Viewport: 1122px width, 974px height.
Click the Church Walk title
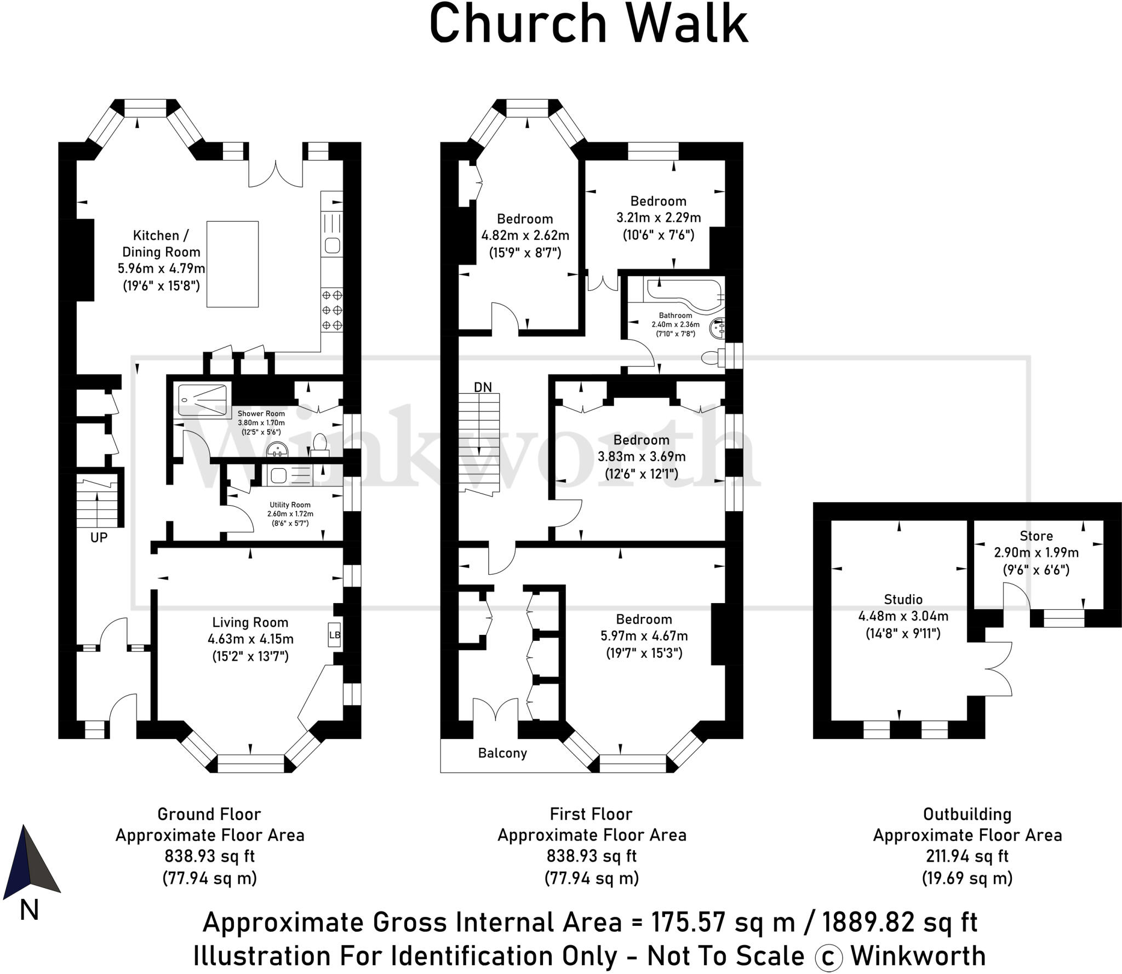point(588,24)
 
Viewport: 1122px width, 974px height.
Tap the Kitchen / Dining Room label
point(161,243)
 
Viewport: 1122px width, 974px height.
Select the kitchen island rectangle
point(232,264)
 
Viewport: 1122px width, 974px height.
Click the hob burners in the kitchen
point(332,310)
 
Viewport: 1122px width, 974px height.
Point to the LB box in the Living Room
point(334,635)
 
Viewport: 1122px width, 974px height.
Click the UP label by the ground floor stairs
point(99,537)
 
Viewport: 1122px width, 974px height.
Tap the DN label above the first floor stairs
point(483,387)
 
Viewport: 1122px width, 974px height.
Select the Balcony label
point(502,753)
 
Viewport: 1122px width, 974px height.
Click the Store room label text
point(1036,536)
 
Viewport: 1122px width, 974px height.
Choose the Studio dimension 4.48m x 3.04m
point(903,616)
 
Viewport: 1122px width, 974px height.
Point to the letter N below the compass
point(29,910)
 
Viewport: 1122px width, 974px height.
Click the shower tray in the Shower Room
point(202,400)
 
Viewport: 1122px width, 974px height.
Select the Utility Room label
point(290,505)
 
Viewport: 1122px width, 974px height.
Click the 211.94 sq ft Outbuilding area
point(967,856)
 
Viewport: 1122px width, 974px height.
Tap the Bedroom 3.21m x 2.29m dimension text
point(658,217)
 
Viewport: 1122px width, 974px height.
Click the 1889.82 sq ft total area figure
point(900,923)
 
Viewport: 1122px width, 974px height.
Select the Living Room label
point(250,622)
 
